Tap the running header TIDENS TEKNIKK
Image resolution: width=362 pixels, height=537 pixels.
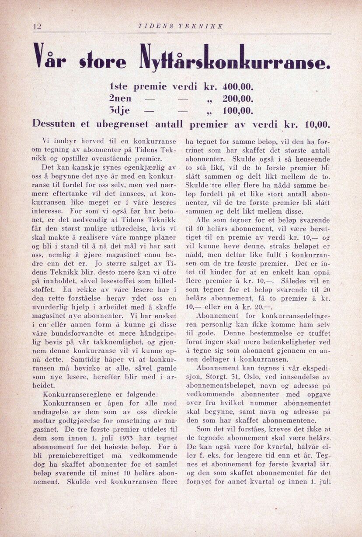tap(181, 26)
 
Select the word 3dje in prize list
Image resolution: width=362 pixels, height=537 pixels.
tap(122, 110)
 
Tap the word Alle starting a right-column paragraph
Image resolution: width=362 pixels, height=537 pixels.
tap(203, 220)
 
